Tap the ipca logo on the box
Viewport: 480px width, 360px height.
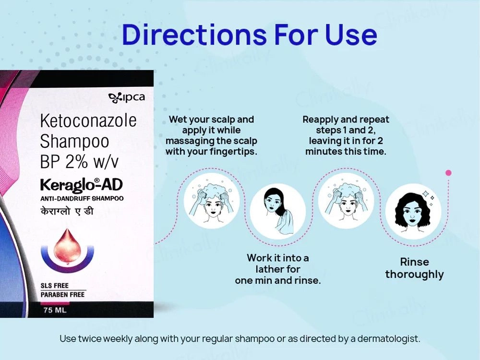coord(127,98)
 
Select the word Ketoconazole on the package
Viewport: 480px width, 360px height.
coord(88,120)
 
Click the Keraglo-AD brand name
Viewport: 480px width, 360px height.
coord(81,185)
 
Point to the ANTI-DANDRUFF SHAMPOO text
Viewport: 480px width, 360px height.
coord(82,198)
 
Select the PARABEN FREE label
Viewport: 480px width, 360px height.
coord(63,294)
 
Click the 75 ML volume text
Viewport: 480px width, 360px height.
coord(54,310)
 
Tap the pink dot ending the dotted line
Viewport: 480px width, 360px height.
coord(448,172)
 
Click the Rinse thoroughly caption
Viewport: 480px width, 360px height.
coord(414,268)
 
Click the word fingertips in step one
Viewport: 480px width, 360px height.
coord(233,152)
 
